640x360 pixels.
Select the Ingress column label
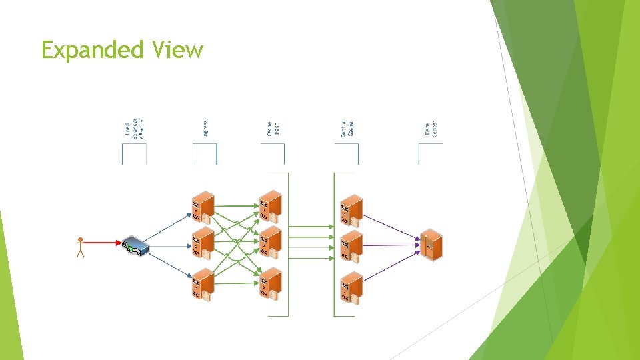205,128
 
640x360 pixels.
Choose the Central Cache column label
347,128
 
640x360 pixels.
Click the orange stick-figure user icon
81,247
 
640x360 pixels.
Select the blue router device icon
135,247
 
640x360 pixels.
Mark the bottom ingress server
202,285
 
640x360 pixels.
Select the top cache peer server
271,207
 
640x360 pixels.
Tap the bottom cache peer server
271,285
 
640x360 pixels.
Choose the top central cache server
351,211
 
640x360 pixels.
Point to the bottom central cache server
351,287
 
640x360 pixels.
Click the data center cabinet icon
431,245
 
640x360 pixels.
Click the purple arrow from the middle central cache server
390,245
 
